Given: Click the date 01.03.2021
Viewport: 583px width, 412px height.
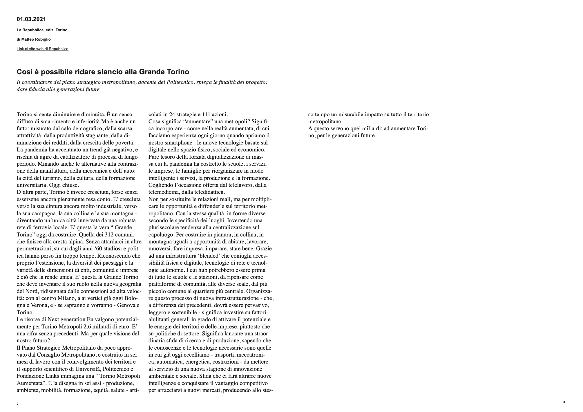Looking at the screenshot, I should tap(31, 19).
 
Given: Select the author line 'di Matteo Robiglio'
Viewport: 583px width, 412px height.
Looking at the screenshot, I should tap(34, 39).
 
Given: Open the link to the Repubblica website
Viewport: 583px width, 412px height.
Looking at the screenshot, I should tap(43, 49).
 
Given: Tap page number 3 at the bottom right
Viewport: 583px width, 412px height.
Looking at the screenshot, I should tap(564, 402).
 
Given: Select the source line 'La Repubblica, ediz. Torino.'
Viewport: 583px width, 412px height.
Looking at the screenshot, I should tap(43, 30).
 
